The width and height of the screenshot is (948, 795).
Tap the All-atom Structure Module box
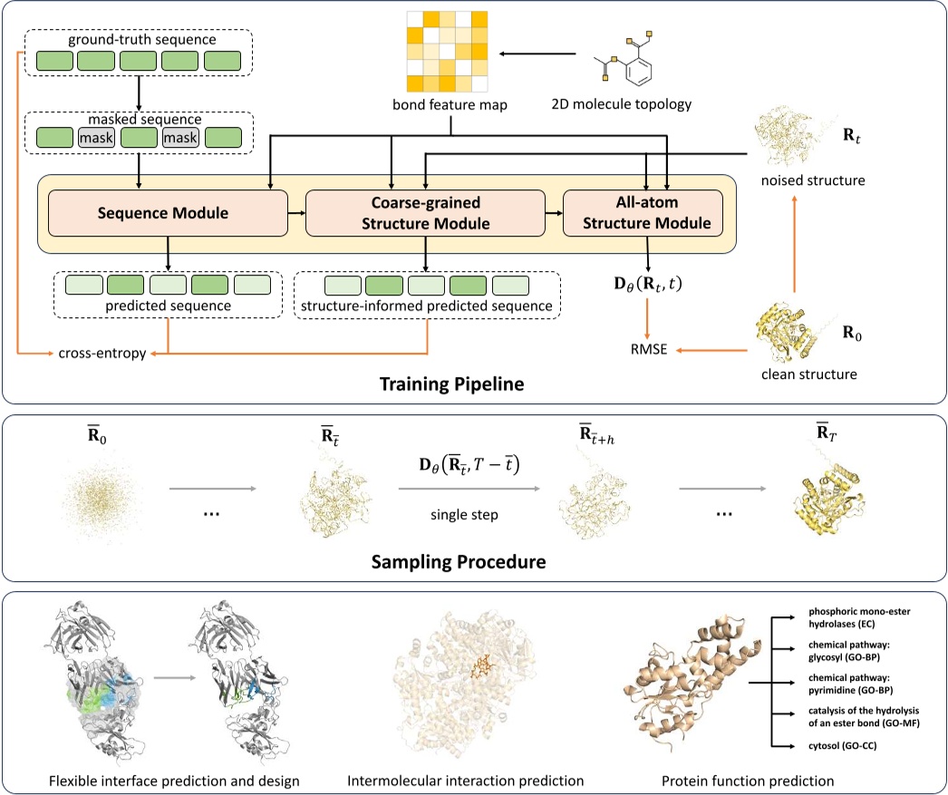click(x=643, y=214)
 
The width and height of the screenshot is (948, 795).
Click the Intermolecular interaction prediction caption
click(x=466, y=779)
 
